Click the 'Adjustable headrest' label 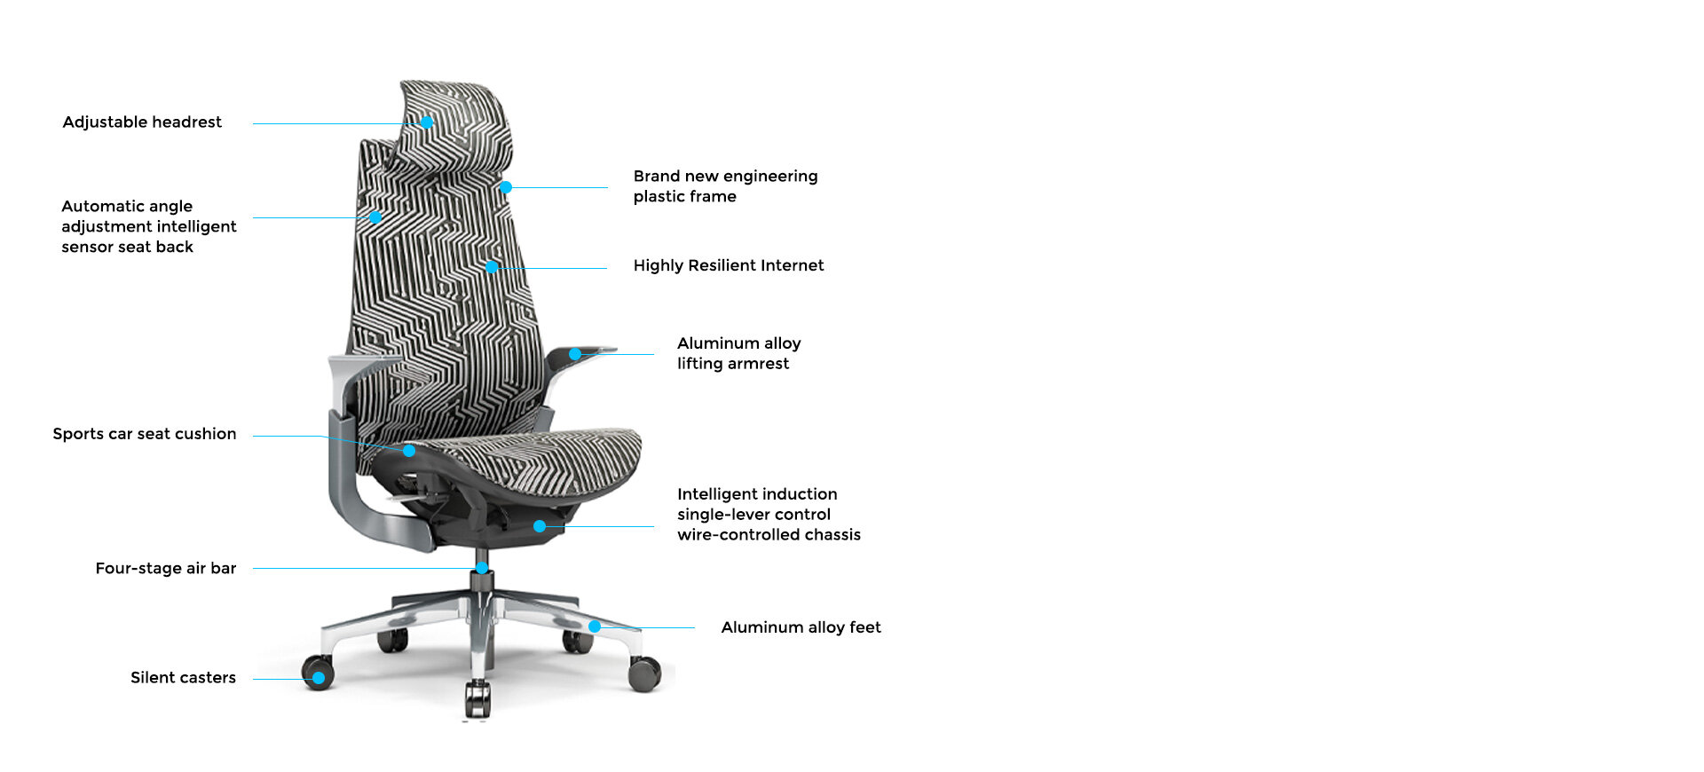142,122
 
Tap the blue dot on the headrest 427,122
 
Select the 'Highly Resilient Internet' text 729,265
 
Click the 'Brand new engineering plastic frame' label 725,186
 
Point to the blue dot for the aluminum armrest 575,354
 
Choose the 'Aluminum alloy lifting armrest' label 738,353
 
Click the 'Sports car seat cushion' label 145,434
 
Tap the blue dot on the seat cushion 409,451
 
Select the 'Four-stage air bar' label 166,569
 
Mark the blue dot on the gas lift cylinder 482,568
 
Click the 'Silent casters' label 183,678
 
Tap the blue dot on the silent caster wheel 318,678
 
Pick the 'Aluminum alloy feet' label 801,627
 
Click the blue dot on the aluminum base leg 595,626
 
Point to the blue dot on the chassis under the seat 540,526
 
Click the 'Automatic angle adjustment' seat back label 148,226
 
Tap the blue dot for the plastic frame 506,187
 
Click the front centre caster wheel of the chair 477,697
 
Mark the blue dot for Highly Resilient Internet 492,267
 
